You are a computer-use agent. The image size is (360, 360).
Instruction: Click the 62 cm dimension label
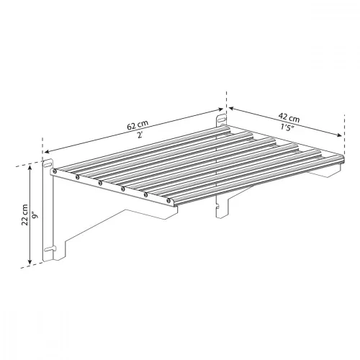click(138, 125)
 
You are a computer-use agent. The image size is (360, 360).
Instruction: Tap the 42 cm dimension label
click(289, 117)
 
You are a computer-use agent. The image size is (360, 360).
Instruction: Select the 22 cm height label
click(25, 215)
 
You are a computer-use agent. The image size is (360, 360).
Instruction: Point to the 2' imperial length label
click(140, 135)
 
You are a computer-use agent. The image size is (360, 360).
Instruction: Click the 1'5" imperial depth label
click(287, 127)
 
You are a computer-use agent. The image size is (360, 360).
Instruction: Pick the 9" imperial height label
click(36, 215)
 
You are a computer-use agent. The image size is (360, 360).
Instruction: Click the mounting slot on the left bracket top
click(48, 164)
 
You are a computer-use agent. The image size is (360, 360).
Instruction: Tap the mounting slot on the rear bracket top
click(222, 119)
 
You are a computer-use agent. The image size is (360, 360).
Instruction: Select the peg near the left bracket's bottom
click(51, 248)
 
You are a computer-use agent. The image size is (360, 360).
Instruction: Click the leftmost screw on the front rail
click(55, 171)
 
